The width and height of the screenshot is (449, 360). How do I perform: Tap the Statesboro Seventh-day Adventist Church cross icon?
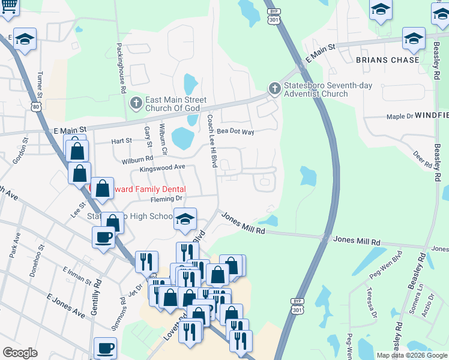274,89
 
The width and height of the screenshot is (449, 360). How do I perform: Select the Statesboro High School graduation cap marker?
185,219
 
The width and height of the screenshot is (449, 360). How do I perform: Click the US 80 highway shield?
36,106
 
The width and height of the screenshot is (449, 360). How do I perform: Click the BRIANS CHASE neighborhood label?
387,60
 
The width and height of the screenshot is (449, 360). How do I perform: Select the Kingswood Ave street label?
163,169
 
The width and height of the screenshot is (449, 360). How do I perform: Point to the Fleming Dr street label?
166,199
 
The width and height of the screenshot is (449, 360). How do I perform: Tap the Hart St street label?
121,141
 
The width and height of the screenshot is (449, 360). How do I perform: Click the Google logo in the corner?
20,353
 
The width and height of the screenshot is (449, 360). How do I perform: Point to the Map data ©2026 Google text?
411,355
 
